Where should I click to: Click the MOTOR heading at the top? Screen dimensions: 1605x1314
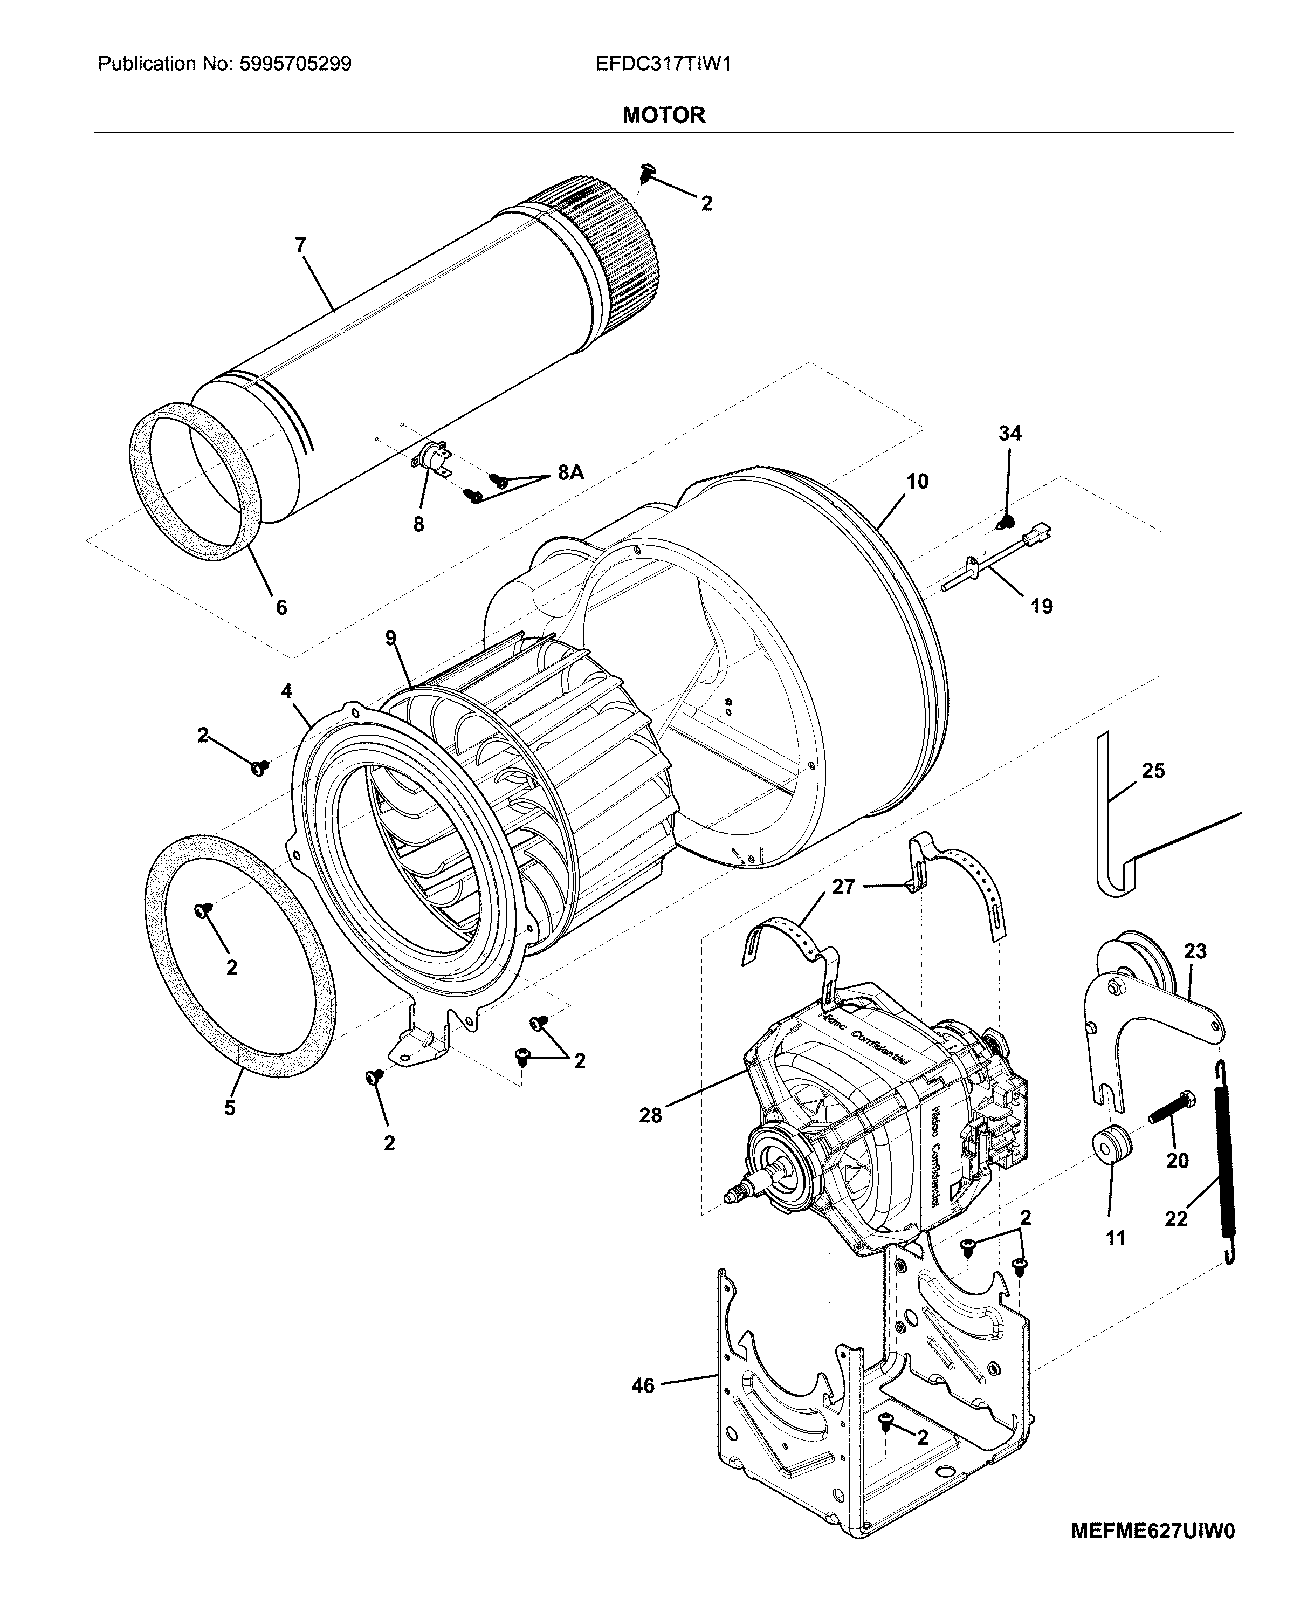663,115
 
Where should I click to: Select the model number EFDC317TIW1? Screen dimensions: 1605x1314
663,64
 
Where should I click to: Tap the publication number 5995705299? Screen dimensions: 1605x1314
295,64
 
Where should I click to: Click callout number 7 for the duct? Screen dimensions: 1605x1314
300,245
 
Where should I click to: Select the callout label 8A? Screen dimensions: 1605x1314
570,472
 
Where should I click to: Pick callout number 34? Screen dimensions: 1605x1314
1010,433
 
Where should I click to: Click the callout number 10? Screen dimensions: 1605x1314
917,482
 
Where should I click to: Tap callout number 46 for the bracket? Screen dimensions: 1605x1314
643,1386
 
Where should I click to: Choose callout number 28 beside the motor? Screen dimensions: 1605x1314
650,1115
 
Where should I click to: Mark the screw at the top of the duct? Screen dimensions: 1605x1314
646,172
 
